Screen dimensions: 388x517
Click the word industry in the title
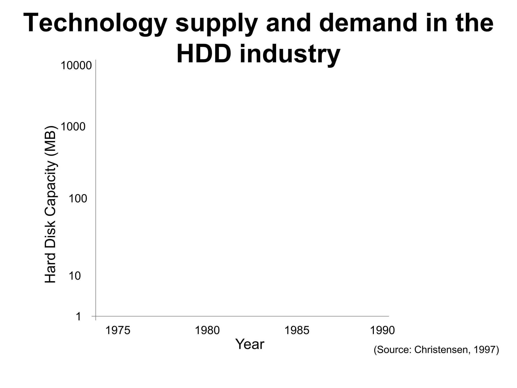(290, 55)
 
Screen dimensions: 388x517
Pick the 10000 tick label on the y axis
(76, 66)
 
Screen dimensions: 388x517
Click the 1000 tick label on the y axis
(73, 127)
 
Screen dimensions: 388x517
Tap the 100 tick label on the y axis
(78, 199)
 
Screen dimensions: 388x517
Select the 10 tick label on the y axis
(75, 276)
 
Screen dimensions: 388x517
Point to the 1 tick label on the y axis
(79, 317)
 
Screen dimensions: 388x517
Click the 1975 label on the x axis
(117, 330)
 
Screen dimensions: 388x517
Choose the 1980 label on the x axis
(208, 330)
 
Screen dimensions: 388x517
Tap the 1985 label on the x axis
(297, 330)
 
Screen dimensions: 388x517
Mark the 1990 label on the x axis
(382, 330)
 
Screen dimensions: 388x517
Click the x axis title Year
(250, 344)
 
